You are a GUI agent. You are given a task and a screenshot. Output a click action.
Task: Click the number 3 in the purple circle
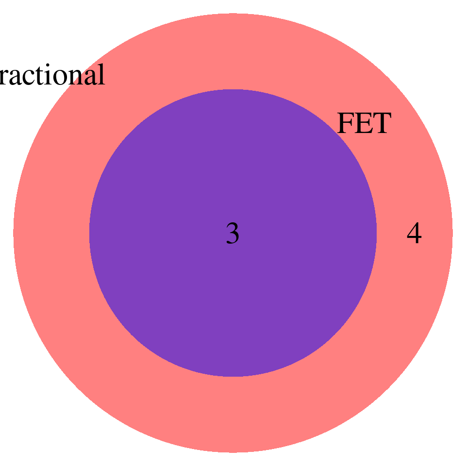pos(233,234)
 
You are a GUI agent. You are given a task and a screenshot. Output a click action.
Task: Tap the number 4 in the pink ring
pos(414,234)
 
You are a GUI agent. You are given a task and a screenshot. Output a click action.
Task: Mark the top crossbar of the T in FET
pos(381,115)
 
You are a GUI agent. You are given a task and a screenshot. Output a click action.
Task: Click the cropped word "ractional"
pos(51,76)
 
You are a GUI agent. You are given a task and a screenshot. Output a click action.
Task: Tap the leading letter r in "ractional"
pos(4,78)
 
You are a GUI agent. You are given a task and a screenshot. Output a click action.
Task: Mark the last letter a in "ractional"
pos(89,78)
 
